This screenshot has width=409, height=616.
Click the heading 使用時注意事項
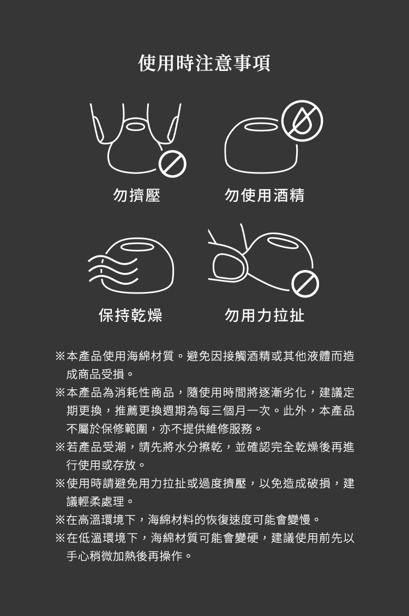coord(204,63)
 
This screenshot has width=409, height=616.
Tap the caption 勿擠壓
coord(136,195)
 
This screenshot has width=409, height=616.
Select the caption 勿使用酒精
coord(264,195)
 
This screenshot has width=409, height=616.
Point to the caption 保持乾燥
coord(130,315)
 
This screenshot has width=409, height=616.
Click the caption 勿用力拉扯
coord(264,315)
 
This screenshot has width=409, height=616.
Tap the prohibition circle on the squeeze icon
coord(172,164)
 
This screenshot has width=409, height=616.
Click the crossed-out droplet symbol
coord(302,121)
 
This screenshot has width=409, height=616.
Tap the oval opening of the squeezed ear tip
coord(135,127)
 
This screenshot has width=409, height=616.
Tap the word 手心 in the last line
coord(78,556)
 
